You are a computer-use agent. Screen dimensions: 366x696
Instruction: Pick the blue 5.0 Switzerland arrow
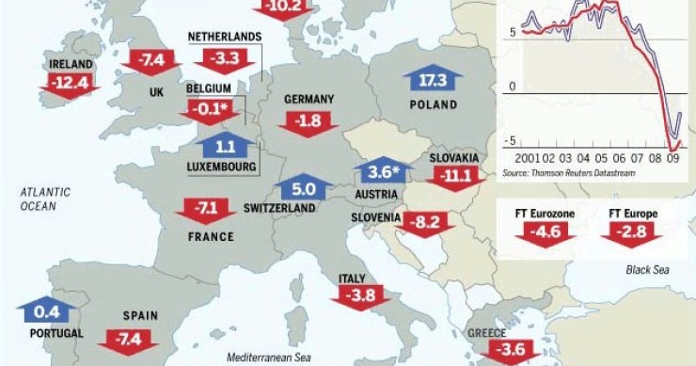coord(305,188)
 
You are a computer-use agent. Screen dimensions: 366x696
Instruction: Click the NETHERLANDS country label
coord(224,37)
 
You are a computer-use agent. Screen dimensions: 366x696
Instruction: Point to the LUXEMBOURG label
coord(222,167)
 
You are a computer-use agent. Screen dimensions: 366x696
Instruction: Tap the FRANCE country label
coord(210,236)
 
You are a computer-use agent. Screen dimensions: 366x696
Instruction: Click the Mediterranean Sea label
coord(268,358)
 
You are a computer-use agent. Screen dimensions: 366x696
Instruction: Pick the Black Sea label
coord(646,270)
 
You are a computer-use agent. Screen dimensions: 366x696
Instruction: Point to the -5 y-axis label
coord(512,140)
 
